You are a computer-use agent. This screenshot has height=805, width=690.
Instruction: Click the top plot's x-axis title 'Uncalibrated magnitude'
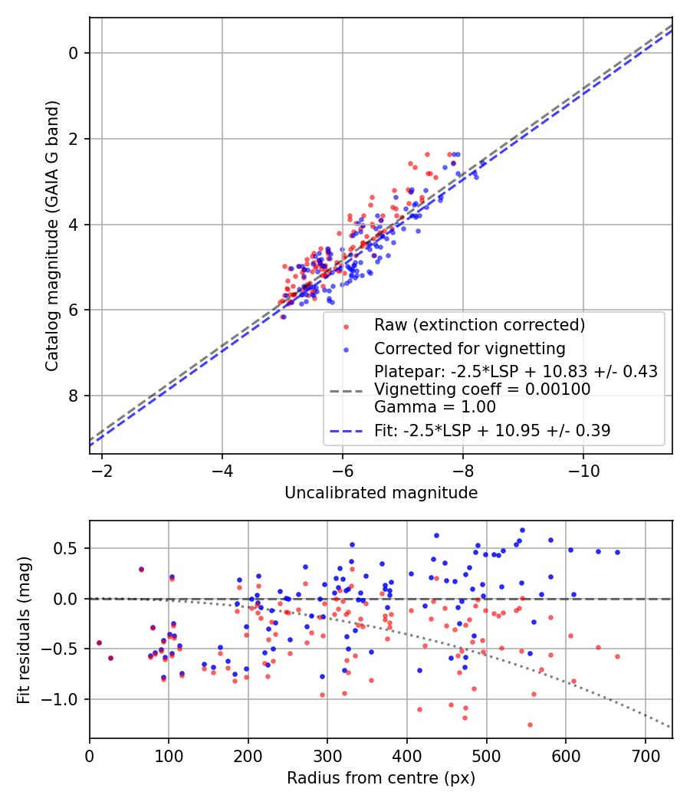(381, 493)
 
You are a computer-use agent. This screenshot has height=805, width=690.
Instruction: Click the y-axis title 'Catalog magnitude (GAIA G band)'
(51, 235)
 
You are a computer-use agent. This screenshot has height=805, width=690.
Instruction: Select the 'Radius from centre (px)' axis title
(381, 778)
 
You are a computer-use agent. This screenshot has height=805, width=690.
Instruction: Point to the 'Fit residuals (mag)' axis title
(25, 629)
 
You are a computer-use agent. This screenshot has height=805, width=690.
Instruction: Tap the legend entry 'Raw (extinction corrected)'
(479, 325)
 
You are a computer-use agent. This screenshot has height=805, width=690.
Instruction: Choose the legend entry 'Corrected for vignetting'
(469, 349)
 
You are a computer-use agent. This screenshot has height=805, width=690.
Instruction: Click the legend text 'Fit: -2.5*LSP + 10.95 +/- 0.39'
(492, 431)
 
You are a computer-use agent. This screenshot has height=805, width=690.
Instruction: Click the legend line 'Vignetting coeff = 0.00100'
(482, 389)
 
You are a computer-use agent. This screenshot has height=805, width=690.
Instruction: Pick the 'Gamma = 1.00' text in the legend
(435, 407)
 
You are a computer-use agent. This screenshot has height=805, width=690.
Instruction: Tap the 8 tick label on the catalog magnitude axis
(74, 396)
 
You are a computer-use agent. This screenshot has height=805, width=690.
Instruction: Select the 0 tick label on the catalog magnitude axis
(74, 53)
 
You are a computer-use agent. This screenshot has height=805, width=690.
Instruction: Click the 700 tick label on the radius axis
(645, 756)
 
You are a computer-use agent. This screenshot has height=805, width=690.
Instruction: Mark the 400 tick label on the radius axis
(407, 756)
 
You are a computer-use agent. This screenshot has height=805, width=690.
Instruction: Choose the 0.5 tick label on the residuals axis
(69, 548)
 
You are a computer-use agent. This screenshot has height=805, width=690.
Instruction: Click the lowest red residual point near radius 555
(530, 724)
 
